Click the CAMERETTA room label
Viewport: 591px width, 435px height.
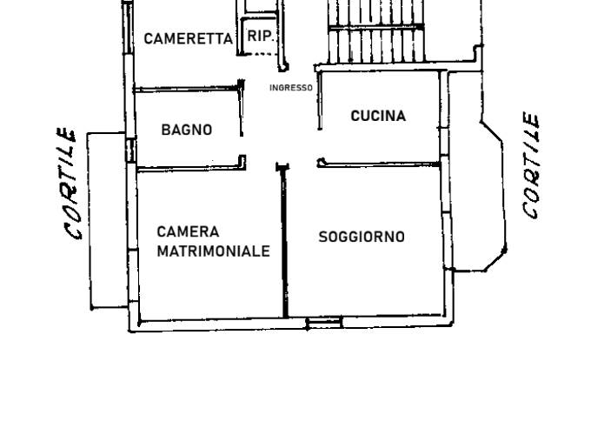pos(188,38)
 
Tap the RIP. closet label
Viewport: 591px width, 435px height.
pos(260,37)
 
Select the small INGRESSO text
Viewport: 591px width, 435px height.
pos(291,88)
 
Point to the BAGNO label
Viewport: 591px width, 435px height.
pos(187,130)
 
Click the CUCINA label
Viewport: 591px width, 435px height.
pos(378,116)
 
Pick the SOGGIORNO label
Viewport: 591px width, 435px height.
pos(362,237)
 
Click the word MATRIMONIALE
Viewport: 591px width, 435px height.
pos(213,251)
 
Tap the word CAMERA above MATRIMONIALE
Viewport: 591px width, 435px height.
pos(188,231)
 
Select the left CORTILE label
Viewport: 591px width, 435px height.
pos(70,184)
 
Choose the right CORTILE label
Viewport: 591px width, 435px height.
pos(531,165)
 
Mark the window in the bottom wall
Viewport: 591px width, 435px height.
pos(324,323)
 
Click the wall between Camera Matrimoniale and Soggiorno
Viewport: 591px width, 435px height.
pos(284,242)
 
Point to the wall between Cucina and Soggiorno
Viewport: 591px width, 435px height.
pos(379,164)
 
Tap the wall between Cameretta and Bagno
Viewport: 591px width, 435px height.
pos(188,90)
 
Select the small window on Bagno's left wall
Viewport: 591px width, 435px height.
pos(130,151)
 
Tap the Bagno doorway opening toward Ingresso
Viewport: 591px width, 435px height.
pos(242,145)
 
